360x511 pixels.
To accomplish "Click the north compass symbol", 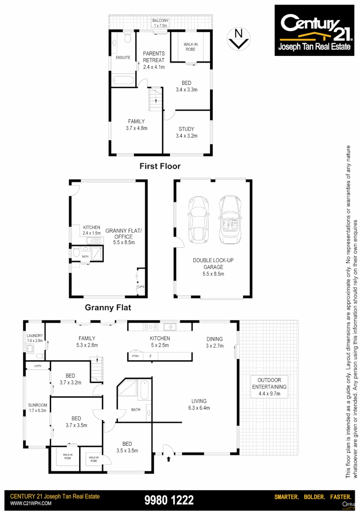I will click(239, 38).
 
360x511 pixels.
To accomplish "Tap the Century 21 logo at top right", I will click(314, 30).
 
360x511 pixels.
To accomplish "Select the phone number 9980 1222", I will click(169, 500).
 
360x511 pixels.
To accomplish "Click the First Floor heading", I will click(160, 166).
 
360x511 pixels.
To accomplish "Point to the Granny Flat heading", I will click(108, 307).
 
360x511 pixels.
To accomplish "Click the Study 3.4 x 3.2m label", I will click(186, 132).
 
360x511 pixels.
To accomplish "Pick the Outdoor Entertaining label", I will click(269, 383).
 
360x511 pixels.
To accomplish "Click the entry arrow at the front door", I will click(169, 458).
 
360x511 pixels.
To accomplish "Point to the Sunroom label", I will click(37, 407).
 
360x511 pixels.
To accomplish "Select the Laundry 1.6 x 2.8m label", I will click(35, 338).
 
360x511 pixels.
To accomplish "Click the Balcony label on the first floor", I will click(160, 23).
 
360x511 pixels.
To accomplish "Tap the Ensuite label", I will click(123, 58).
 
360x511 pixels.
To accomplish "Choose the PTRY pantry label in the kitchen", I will click(136, 356).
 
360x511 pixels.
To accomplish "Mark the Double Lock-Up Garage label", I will click(213, 267).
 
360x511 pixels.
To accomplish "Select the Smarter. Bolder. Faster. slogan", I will click(313, 497).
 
